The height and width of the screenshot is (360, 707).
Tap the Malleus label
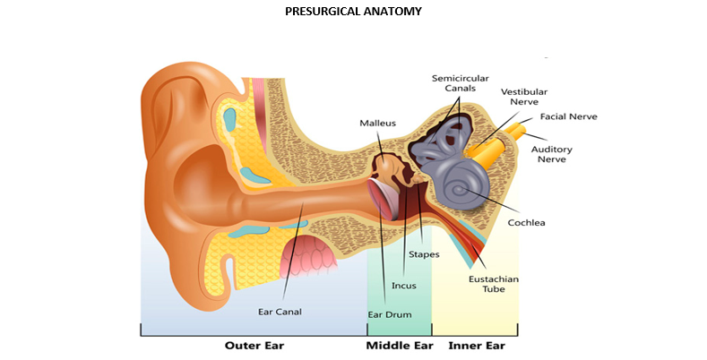point(377,122)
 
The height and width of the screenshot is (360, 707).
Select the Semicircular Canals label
point(455,83)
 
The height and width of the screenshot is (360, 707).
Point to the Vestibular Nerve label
point(524,98)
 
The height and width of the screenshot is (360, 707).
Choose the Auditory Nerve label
point(552,154)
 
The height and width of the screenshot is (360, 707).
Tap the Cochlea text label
point(527,222)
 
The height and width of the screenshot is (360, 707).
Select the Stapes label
point(424,254)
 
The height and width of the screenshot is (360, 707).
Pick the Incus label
point(403,286)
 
